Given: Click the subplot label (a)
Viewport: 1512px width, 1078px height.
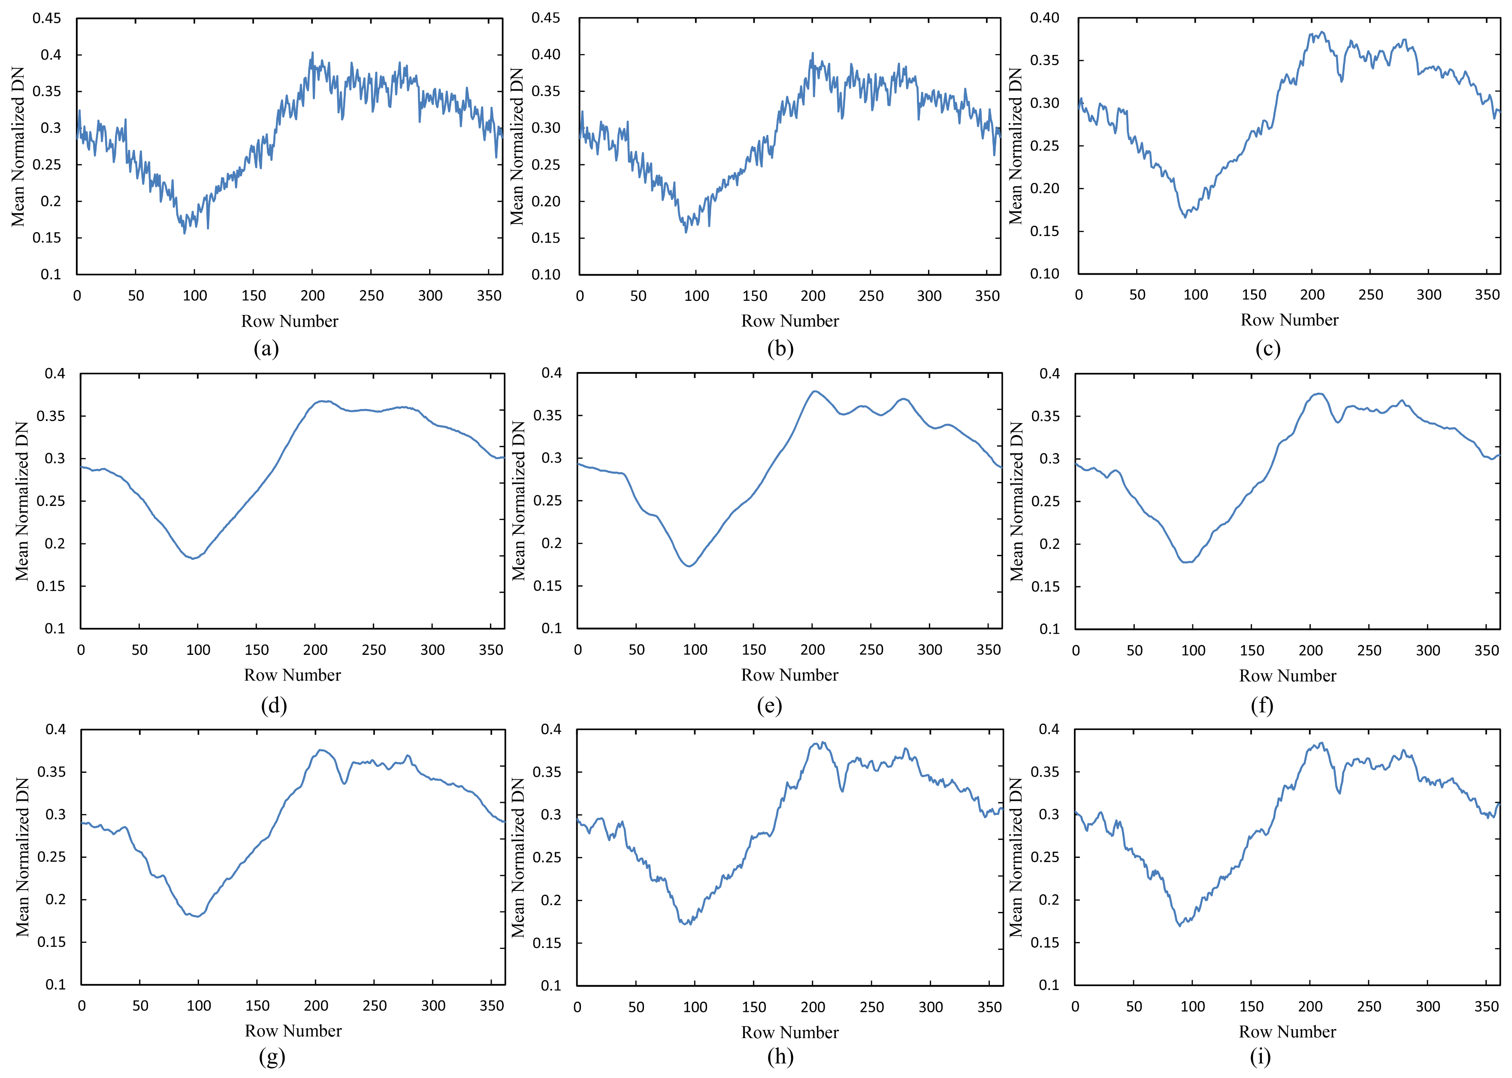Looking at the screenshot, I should (266, 348).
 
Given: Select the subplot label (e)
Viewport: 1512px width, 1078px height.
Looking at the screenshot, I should (769, 705).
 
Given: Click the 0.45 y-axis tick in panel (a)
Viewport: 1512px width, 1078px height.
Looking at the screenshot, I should (46, 18).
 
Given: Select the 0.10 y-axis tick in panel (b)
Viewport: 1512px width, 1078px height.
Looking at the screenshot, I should (546, 274).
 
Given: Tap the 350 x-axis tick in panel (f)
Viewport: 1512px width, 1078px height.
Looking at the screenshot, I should (1487, 651).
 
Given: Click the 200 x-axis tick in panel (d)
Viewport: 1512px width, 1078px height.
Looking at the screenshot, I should (315, 650).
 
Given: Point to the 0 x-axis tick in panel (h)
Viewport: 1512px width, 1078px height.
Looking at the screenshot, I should (578, 1007).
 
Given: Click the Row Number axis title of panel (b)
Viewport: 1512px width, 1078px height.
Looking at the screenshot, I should (790, 321).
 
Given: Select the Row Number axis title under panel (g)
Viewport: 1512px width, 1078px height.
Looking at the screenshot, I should (293, 1031).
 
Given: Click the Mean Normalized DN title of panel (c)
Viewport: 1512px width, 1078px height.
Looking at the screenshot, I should (1016, 146).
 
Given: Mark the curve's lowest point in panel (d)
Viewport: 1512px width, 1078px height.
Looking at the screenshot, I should (194, 558).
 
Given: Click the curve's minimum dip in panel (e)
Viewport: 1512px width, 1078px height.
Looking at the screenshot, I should (689, 566).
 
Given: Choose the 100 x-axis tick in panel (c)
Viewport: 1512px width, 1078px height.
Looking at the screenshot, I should (1195, 295).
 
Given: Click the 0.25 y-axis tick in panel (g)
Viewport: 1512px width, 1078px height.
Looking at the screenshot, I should (52, 857).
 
